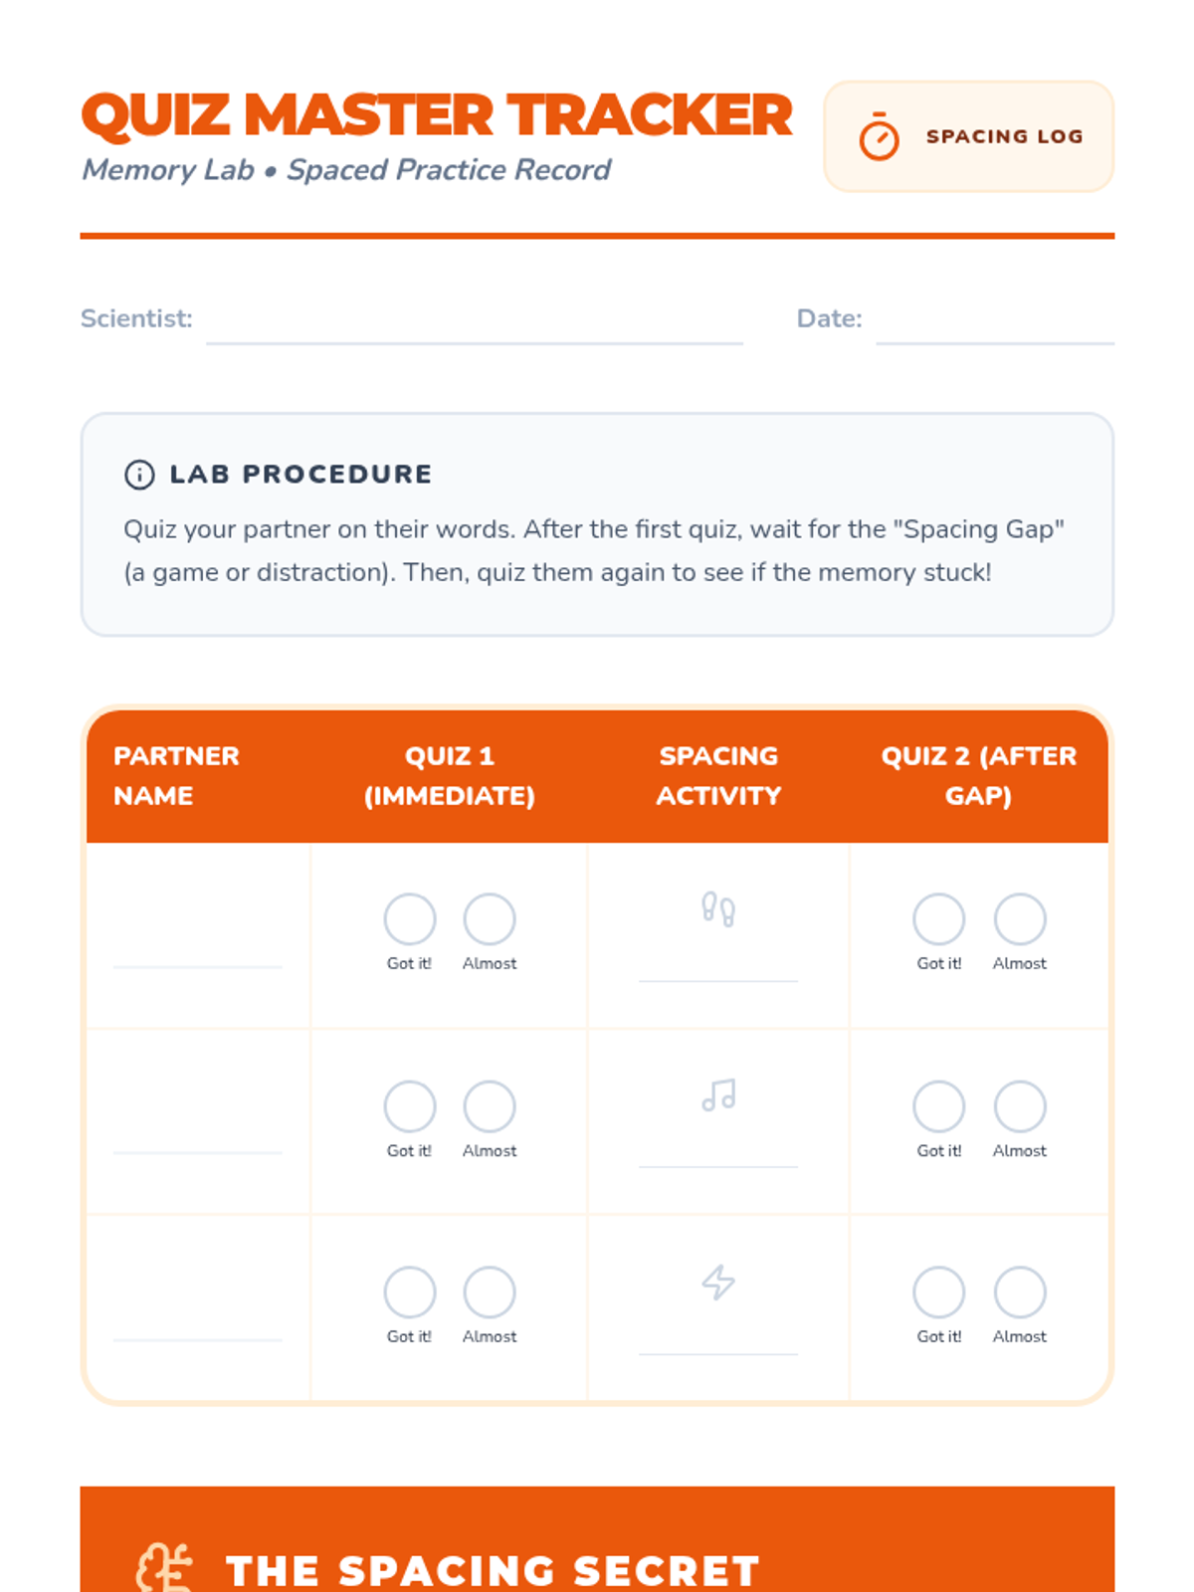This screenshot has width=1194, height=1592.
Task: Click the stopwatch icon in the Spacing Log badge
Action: pos(879,136)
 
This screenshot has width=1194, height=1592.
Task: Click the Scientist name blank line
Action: pos(475,343)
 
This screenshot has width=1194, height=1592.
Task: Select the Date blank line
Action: pos(995,343)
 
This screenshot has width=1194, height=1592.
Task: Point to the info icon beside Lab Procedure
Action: pos(139,475)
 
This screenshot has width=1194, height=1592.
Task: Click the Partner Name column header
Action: pos(176,775)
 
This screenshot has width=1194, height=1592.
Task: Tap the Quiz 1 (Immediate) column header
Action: pos(450,775)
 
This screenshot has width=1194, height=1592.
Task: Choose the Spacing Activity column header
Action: pos(718,775)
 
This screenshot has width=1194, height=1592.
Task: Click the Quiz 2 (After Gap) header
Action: pos(979,775)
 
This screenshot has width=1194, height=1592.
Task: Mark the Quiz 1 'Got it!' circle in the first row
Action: pos(410,919)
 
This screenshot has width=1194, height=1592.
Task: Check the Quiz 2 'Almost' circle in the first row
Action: pos(1019,919)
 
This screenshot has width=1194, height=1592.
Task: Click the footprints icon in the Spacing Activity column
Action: pos(718,908)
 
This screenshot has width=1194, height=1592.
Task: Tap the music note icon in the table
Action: pos(718,1094)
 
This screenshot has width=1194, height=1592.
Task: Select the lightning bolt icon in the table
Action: pos(718,1283)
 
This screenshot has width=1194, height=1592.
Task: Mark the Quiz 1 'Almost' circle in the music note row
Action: pos(490,1106)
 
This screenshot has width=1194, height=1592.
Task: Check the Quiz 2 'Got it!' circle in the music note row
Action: pos(939,1106)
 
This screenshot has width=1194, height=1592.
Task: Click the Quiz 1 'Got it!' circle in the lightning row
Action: pos(410,1292)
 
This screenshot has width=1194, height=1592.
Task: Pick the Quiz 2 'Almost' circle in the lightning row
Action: pos(1019,1292)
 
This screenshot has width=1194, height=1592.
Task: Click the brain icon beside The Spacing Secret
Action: pos(164,1569)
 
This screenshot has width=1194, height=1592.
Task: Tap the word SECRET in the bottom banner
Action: pos(667,1571)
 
